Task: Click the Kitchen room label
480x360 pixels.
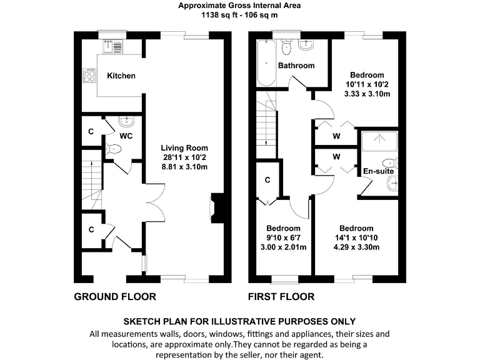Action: click(x=121, y=76)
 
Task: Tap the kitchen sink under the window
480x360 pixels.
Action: click(x=115, y=45)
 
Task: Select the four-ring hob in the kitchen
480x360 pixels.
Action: click(x=89, y=76)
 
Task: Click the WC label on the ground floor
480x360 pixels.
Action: click(x=126, y=135)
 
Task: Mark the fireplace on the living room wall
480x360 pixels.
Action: click(x=215, y=207)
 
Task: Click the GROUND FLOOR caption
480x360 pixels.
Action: click(x=115, y=296)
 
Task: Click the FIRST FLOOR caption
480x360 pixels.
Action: click(x=281, y=296)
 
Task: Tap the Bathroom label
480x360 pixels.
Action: click(x=296, y=66)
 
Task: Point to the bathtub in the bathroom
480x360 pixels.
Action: click(x=266, y=63)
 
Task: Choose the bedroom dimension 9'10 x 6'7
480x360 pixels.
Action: click(x=284, y=237)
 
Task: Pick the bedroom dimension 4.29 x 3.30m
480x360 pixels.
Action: click(x=356, y=247)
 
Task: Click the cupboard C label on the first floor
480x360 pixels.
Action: click(x=267, y=180)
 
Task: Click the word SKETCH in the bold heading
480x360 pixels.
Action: click(x=143, y=321)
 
